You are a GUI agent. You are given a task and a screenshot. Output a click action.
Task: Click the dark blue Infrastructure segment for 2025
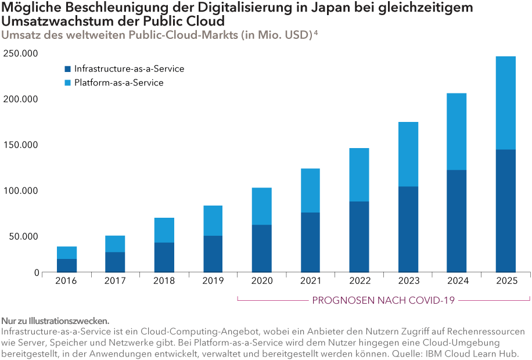tap(505, 211)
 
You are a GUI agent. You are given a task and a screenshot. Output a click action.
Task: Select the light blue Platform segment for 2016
tap(67, 253)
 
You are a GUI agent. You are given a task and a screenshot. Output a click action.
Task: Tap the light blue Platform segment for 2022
tap(359, 175)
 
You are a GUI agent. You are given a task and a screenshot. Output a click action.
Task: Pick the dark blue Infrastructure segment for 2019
tap(213, 254)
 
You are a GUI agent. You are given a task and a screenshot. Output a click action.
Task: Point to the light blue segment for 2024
tap(456, 132)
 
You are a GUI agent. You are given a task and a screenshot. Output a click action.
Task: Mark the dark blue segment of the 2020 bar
tap(261, 249)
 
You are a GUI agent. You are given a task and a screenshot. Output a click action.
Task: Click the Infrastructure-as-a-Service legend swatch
tap(68, 69)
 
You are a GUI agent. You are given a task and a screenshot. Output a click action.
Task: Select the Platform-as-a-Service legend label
tap(118, 83)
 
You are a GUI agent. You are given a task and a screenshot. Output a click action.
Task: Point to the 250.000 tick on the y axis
tap(21, 53)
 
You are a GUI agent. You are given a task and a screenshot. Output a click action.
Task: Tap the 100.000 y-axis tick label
tap(21, 190)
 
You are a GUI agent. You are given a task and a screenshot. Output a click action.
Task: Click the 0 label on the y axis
tap(36, 273)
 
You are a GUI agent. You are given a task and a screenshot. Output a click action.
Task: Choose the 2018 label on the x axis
tap(164, 282)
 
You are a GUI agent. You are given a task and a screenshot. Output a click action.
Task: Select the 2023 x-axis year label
tap(408, 282)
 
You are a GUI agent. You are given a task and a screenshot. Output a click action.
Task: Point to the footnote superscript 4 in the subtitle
tap(315, 33)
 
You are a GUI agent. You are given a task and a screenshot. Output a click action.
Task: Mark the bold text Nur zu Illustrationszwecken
tap(55, 321)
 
